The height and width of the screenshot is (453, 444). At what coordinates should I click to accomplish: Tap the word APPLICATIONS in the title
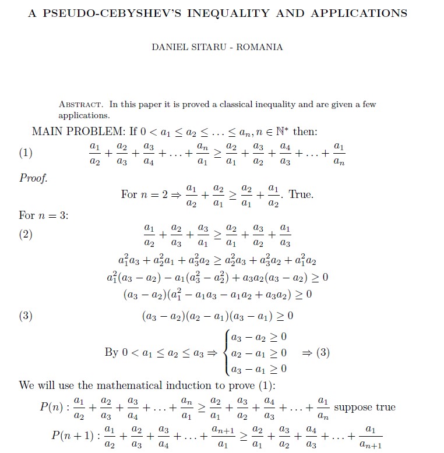point(360,13)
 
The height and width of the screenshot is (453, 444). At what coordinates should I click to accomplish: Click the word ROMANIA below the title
point(260,47)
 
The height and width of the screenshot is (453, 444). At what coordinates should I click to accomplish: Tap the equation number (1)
point(26,153)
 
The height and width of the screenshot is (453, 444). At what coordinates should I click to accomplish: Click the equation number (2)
point(26,234)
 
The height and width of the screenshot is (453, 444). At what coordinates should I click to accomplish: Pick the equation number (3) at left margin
point(26,316)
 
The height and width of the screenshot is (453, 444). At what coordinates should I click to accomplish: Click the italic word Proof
point(33,178)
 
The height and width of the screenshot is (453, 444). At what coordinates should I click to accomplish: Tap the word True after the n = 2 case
point(301,194)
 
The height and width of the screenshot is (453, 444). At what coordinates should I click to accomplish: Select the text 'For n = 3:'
point(44,215)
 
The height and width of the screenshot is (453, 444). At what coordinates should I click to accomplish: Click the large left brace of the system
point(226,353)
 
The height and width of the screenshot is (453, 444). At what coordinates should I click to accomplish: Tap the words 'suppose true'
point(365,407)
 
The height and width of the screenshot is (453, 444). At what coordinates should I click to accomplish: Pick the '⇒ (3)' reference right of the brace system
point(316,353)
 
